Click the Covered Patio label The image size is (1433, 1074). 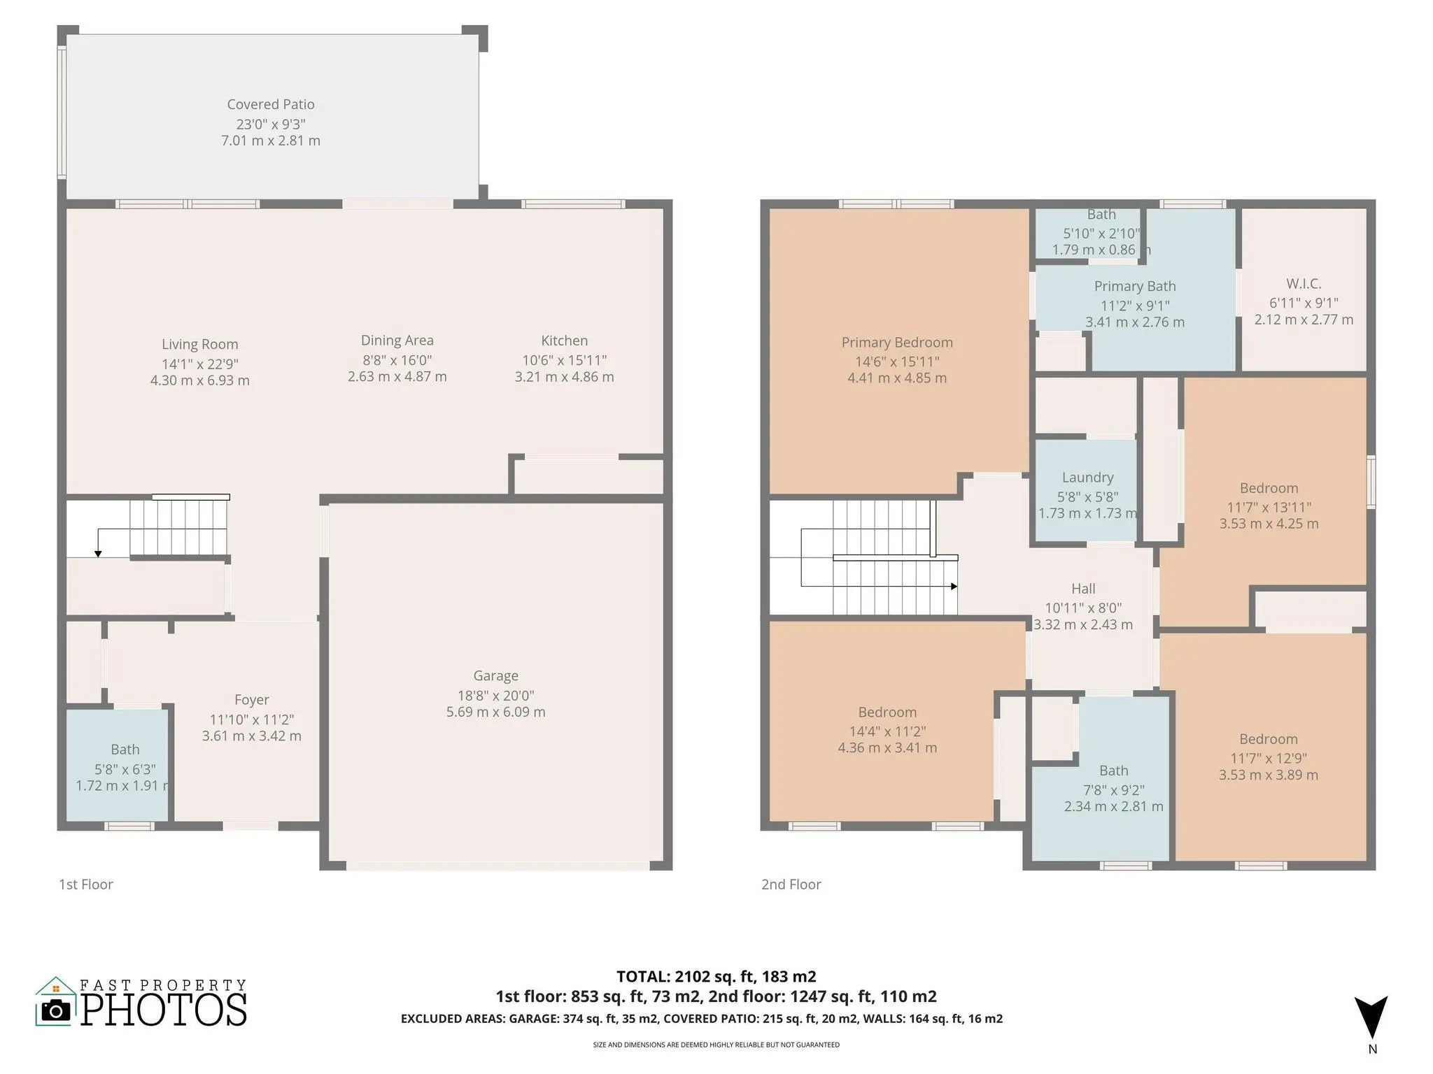point(271,104)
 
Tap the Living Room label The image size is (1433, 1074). point(200,344)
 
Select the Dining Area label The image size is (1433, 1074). point(397,341)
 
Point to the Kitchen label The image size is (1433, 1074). point(565,341)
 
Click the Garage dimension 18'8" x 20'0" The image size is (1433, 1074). point(495,695)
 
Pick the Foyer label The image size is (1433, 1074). point(252,700)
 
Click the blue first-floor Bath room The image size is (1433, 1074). point(118,765)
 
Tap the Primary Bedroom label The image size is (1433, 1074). point(897,343)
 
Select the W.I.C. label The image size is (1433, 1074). point(1304,284)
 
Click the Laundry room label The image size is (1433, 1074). point(1087,478)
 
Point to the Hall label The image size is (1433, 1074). point(1083,589)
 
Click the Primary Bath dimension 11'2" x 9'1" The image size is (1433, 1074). point(1135,306)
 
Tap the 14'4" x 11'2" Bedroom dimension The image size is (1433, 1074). point(887,731)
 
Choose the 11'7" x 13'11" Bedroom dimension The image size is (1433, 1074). point(1269,507)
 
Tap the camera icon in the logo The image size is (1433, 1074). point(56,1010)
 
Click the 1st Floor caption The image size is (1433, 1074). point(86,885)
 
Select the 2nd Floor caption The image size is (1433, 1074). point(791,885)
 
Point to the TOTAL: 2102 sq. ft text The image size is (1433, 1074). point(681,976)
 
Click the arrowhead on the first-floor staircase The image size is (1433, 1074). point(98,554)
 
